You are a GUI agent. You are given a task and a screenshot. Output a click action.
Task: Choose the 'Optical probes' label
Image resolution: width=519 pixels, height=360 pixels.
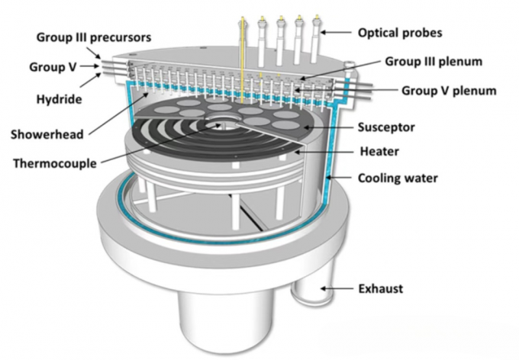tap(400, 33)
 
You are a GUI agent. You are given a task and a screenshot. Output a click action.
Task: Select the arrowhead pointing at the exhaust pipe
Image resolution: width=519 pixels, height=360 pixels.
tap(325, 288)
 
